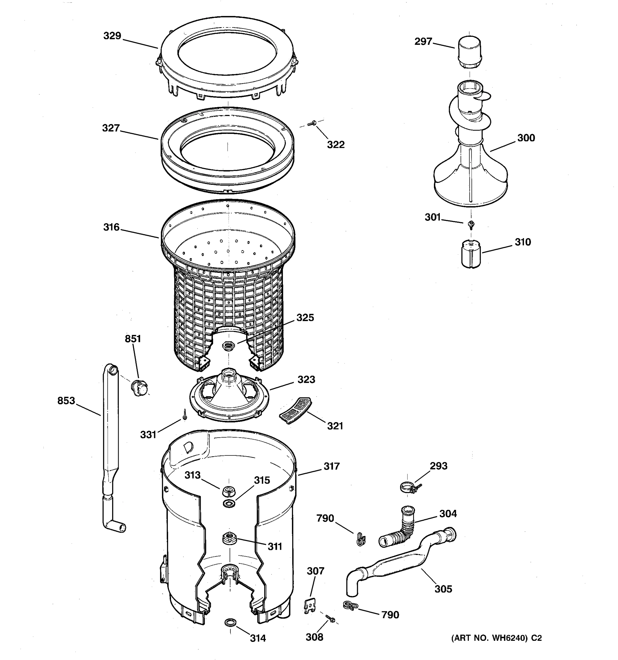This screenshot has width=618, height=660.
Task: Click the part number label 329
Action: [112, 36]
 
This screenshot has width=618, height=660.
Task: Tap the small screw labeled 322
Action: [311, 123]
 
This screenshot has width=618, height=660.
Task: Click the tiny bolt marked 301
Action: [470, 224]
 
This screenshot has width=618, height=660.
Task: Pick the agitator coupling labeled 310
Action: [471, 255]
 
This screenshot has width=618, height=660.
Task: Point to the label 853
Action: [66, 401]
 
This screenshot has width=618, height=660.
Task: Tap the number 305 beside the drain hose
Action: [443, 589]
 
